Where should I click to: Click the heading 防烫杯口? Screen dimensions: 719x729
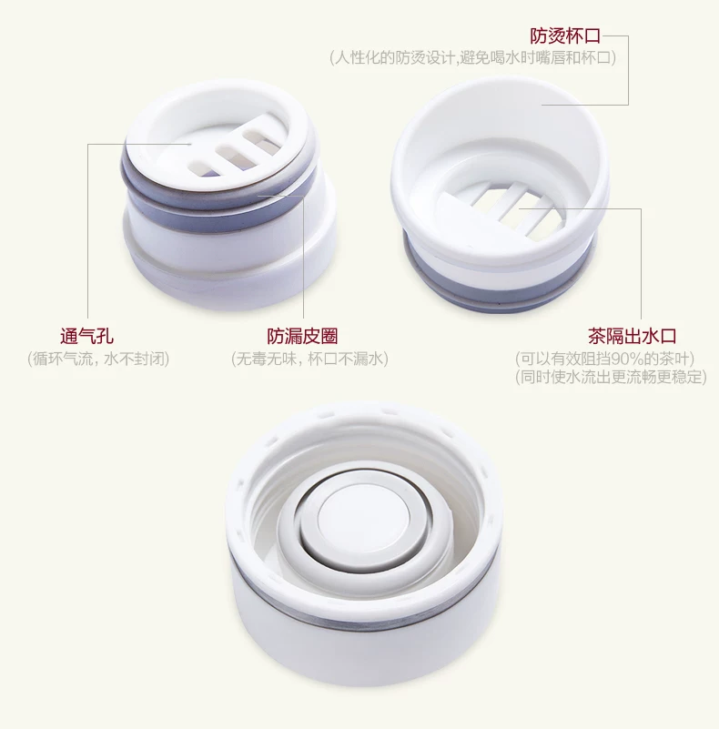pyautogui.click(x=565, y=35)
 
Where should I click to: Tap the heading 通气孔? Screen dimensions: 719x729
pyautogui.click(x=87, y=336)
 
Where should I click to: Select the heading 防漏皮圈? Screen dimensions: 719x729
pyautogui.click(x=302, y=336)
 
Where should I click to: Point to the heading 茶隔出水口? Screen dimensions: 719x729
pyautogui.click(x=632, y=336)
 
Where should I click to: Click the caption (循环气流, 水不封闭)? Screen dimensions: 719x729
pyautogui.click(x=98, y=359)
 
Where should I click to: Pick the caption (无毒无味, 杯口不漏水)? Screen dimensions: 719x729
pyautogui.click(x=309, y=359)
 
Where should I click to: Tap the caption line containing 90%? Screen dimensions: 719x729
pyautogui.click(x=604, y=359)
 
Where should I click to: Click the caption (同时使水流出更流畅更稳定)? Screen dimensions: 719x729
pyautogui.click(x=611, y=377)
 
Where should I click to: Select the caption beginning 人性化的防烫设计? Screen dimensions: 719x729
pyautogui.click(x=472, y=57)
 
